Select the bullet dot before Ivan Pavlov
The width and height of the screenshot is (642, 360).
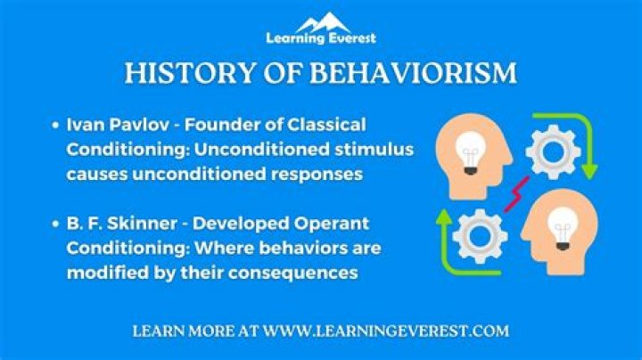click(x=55, y=125)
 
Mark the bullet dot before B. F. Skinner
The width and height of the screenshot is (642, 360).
click(x=55, y=224)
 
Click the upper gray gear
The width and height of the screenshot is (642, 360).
click(x=553, y=151)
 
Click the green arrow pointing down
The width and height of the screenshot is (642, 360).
click(x=584, y=147)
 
